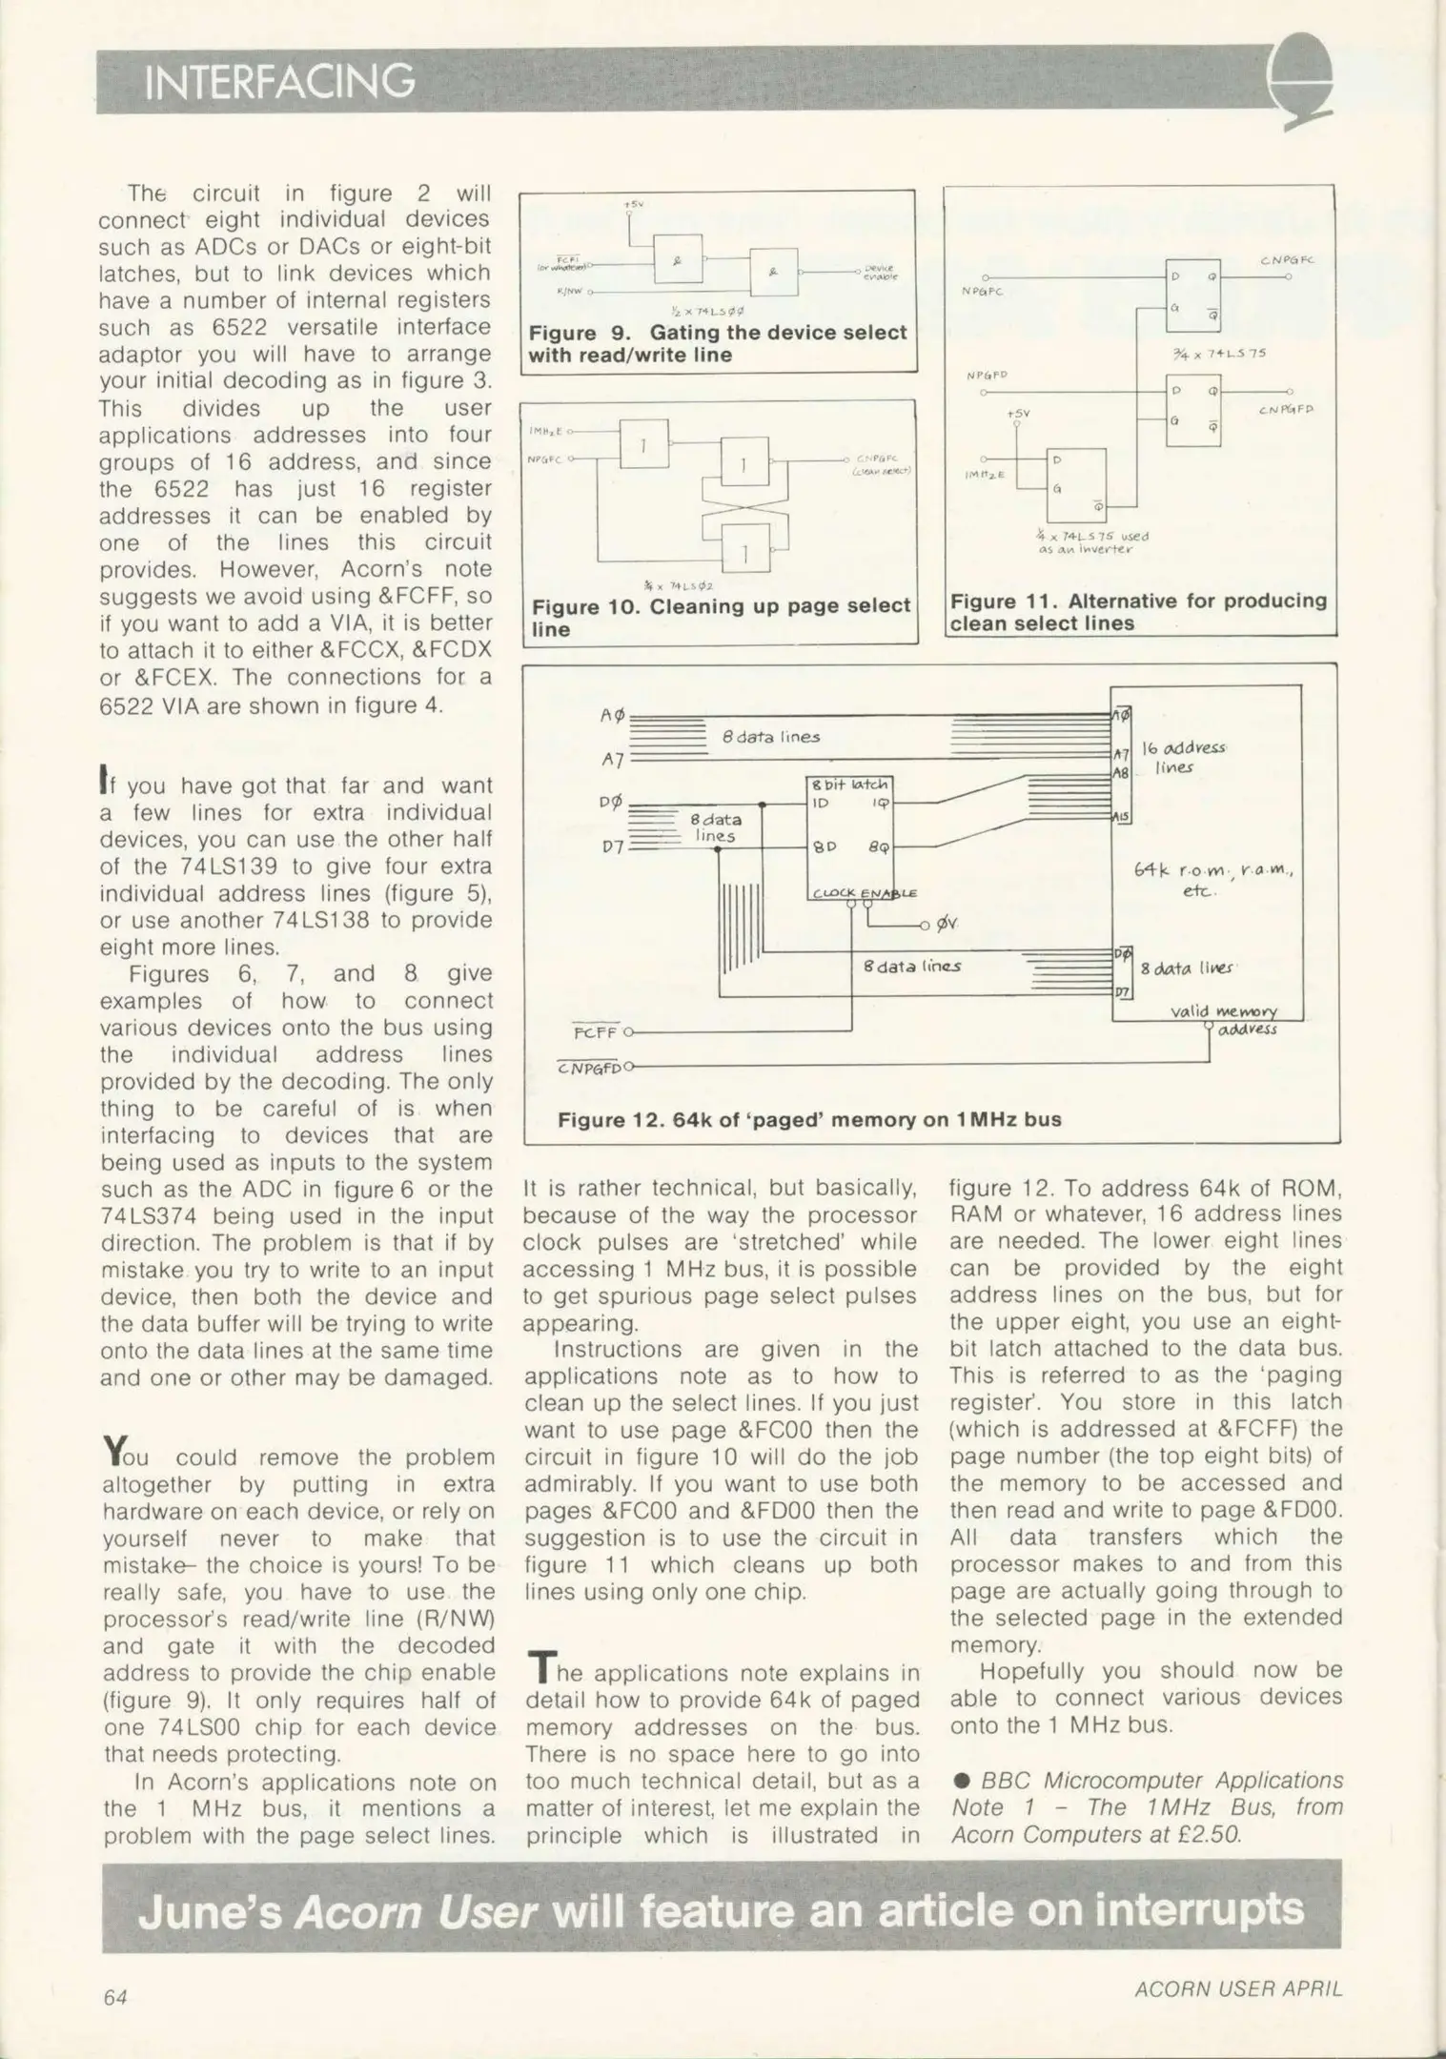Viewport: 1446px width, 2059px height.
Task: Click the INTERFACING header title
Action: click(278, 82)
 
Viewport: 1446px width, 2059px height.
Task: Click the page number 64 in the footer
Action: click(115, 1996)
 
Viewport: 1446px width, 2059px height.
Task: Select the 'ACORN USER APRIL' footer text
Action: click(1238, 1988)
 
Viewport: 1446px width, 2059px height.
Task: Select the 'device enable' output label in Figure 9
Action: click(880, 274)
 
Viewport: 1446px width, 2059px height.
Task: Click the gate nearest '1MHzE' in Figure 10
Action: click(643, 443)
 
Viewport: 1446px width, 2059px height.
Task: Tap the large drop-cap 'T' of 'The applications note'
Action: click(540, 1667)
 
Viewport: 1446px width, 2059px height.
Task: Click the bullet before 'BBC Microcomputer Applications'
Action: click(962, 1781)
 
